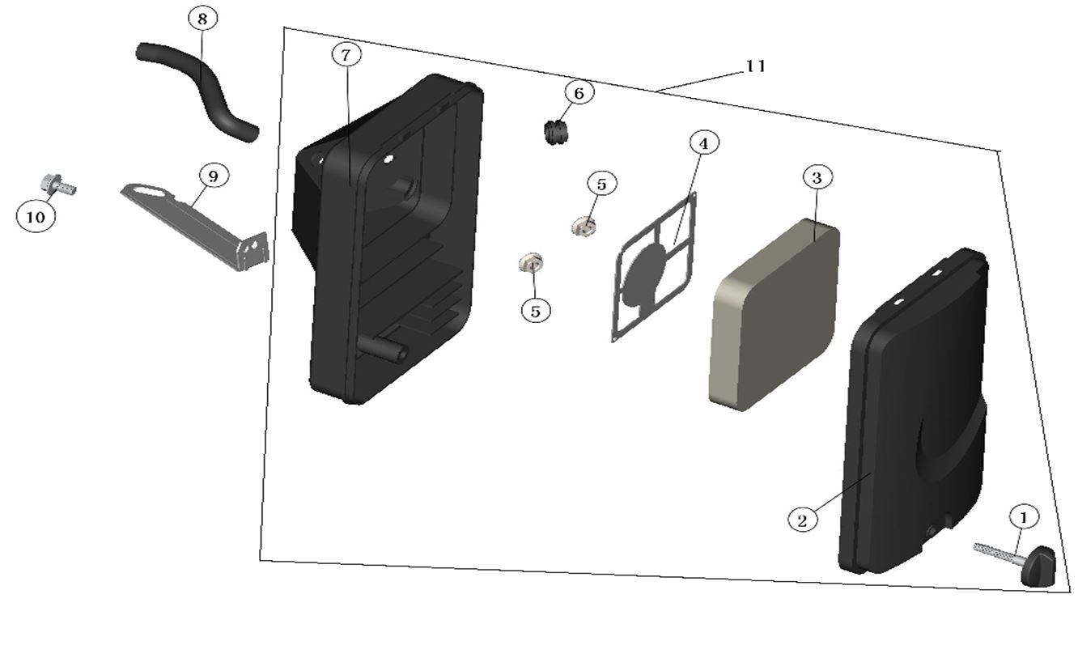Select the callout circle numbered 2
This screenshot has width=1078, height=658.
tap(802, 520)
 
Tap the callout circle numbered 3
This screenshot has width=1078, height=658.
tap(817, 177)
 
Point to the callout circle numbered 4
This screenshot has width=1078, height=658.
tap(703, 143)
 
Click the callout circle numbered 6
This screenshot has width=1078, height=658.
tap(579, 93)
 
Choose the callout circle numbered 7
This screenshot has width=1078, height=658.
tap(346, 54)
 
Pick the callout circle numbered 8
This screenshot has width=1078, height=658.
tap(202, 18)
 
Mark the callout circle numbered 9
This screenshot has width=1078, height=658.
tap(213, 176)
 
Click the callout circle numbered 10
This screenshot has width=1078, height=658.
tap(36, 216)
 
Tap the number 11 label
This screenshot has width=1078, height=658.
tap(755, 66)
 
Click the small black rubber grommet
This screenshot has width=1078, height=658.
tap(554, 132)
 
